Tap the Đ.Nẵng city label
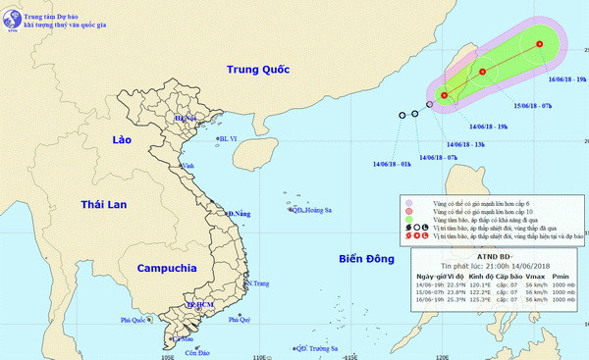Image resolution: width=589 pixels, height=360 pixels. click(x=240, y=213)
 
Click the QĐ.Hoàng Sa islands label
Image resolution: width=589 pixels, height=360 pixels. click(x=312, y=210)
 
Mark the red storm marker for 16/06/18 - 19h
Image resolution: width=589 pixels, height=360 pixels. click(x=540, y=44)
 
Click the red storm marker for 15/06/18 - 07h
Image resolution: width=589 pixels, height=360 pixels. click(x=483, y=72)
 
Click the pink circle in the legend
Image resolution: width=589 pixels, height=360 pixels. click(x=407, y=203)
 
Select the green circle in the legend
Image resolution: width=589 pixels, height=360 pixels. click(x=407, y=225)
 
